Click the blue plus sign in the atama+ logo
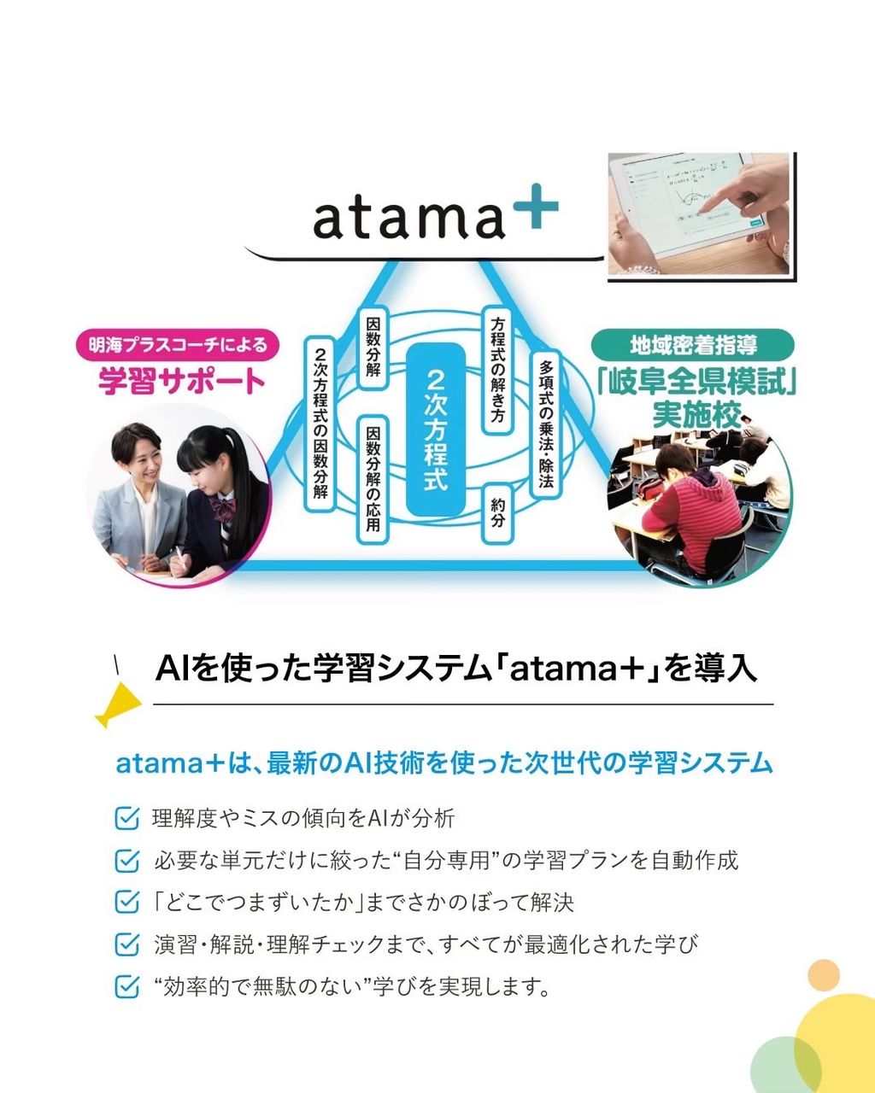pos(536,207)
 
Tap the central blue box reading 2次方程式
pos(436,430)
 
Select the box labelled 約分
pos(497,513)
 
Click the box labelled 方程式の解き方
pos(497,370)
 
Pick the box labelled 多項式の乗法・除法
pos(546,424)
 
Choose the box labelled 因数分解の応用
pos(373,479)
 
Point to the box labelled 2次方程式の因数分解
pos(320,424)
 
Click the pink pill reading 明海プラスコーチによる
pos(178,345)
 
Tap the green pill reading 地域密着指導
pos(692,345)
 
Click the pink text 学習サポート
pos(181,382)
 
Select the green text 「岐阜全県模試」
pos(696,382)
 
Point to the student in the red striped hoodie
pos(691,513)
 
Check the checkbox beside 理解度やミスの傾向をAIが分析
pos(126,818)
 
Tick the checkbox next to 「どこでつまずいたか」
pos(126,903)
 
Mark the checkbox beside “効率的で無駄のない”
pos(126,987)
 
